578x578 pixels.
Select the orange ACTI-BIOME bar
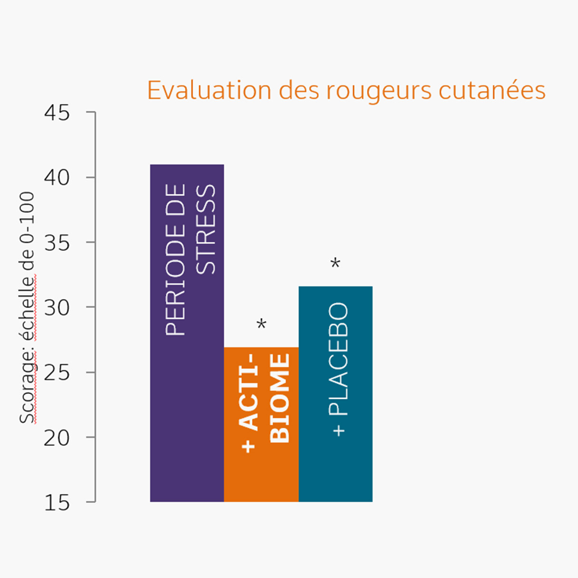pyautogui.click(x=261, y=471)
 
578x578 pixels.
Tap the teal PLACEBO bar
pyautogui.click(x=336, y=466)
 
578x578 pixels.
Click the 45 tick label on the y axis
pyautogui.click(x=57, y=113)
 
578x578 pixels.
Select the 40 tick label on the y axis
pyautogui.click(x=57, y=178)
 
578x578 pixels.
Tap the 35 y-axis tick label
pyautogui.click(x=57, y=243)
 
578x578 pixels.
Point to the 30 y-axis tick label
pyautogui.click(x=57, y=308)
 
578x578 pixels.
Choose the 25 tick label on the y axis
pyautogui.click(x=57, y=373)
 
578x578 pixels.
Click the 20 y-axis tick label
pyautogui.click(x=57, y=438)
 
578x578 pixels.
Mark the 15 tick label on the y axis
pyautogui.click(x=57, y=503)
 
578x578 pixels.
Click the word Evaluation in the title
pyautogui.click(x=209, y=90)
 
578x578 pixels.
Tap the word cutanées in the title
pyautogui.click(x=492, y=90)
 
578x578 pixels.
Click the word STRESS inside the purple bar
pyautogui.click(x=206, y=229)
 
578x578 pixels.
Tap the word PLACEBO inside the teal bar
pyautogui.click(x=338, y=359)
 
